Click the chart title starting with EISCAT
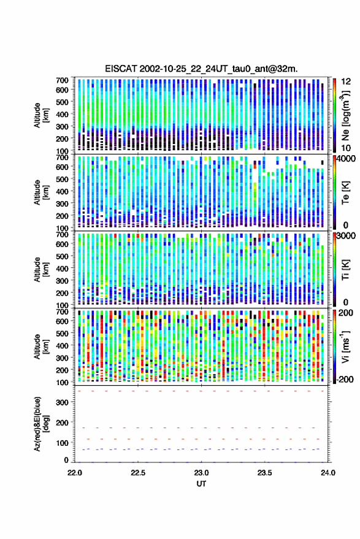point(202,69)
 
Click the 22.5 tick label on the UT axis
point(138,473)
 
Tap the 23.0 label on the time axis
point(201,473)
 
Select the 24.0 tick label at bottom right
point(327,473)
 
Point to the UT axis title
point(201,484)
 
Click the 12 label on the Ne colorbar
point(346,82)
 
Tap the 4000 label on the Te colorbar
point(345,159)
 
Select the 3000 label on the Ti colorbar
point(345,236)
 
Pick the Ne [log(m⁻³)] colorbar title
point(345,115)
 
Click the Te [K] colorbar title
point(345,193)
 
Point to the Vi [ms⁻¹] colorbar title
point(345,346)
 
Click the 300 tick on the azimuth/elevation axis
point(62,402)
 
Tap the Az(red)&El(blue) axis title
point(41,424)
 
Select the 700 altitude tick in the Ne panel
point(62,80)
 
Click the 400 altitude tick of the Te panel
point(62,191)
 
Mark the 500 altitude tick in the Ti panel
point(62,256)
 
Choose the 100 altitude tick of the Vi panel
point(62,382)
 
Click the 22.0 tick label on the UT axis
point(75,473)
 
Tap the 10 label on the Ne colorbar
point(346,148)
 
